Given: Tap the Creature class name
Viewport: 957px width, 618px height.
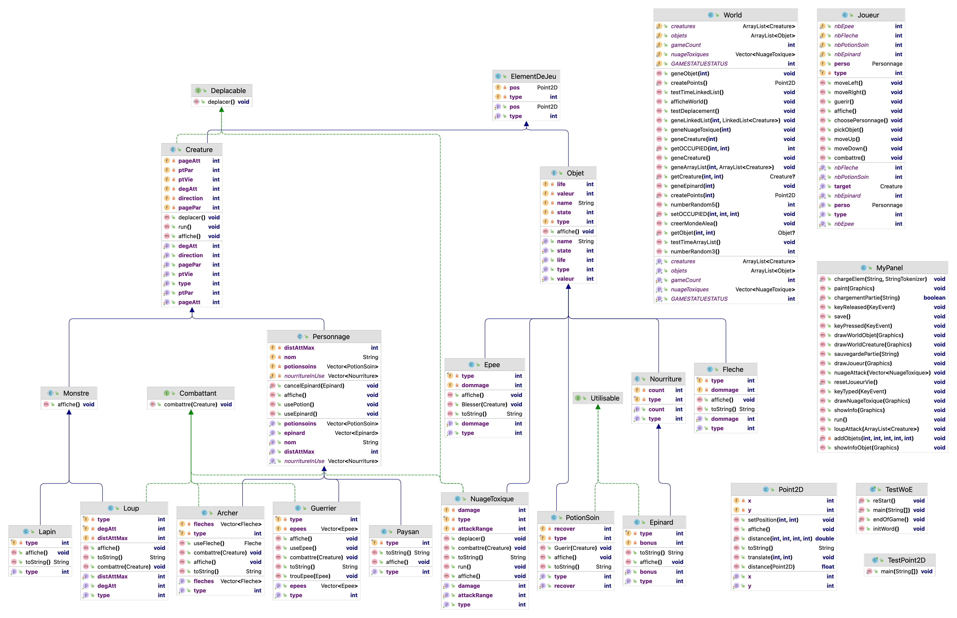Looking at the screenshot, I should (x=199, y=150).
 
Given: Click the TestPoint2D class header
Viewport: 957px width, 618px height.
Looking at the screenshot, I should (x=906, y=560).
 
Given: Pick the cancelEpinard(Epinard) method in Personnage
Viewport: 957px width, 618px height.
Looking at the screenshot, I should (x=314, y=386).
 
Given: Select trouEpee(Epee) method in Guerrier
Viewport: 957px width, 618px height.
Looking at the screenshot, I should (x=310, y=576).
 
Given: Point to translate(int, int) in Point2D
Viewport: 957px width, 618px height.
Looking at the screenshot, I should (x=770, y=557).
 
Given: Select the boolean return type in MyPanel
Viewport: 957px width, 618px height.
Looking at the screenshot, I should (x=934, y=298).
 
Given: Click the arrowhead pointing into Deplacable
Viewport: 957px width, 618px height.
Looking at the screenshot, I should (x=221, y=109).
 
